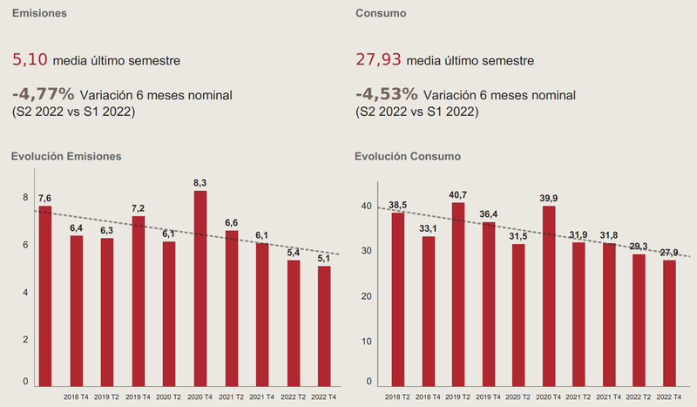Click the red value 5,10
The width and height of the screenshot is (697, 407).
click(30, 61)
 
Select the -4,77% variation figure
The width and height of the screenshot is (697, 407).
click(42, 92)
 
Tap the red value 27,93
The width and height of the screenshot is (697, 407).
click(378, 61)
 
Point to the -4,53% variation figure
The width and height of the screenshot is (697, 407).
click(387, 92)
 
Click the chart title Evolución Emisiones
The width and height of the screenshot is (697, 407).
click(65, 156)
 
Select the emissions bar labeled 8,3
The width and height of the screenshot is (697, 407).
click(200, 288)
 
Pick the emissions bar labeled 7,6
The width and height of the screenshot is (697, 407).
click(45, 296)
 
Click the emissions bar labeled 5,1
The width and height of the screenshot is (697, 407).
click(324, 326)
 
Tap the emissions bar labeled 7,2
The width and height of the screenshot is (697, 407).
click(139, 301)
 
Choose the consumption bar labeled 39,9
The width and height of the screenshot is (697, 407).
click(548, 296)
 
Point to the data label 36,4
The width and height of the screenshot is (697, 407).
click(489, 214)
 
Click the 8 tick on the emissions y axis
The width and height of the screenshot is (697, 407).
click(25, 198)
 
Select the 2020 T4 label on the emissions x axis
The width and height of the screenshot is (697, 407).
click(200, 397)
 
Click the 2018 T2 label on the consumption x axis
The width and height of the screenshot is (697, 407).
click(397, 397)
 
